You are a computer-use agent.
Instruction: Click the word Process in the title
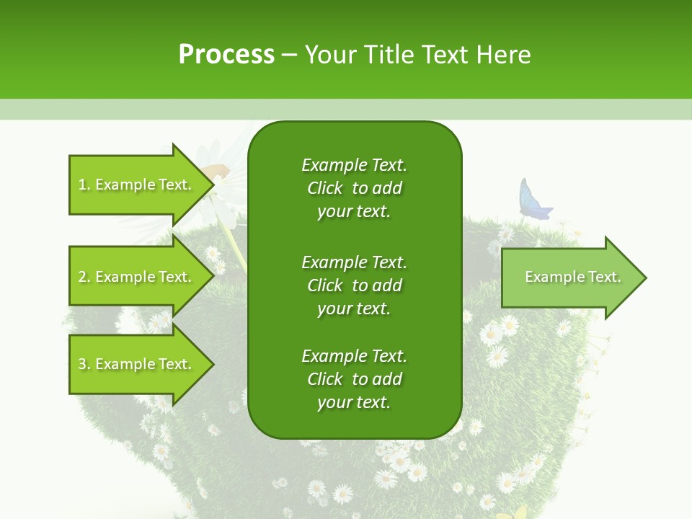click(226, 55)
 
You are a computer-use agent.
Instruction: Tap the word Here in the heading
click(505, 55)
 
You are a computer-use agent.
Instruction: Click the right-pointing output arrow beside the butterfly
click(569, 277)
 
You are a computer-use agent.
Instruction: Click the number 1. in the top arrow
click(84, 185)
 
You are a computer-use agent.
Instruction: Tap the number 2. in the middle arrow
click(84, 277)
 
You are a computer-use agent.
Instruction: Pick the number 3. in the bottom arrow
click(84, 364)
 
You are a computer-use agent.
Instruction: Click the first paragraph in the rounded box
click(354, 188)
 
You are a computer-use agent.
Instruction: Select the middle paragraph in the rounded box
click(354, 285)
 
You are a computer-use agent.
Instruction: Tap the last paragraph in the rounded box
click(354, 379)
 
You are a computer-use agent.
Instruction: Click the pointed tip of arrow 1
click(212, 185)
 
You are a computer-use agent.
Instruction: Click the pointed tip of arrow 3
click(212, 364)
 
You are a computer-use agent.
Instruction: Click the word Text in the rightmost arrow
click(604, 277)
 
